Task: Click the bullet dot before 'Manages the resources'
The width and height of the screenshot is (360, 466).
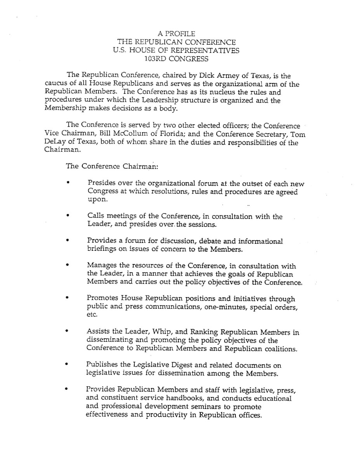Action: tap(68, 266)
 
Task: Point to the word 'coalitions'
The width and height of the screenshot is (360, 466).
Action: tap(279, 349)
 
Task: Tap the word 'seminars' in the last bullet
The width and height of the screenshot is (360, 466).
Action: tap(209, 407)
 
